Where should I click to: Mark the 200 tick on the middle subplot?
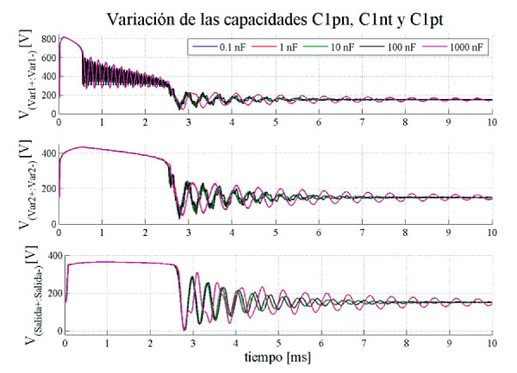coord(45,189)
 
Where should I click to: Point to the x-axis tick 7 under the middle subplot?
coord(361,233)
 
